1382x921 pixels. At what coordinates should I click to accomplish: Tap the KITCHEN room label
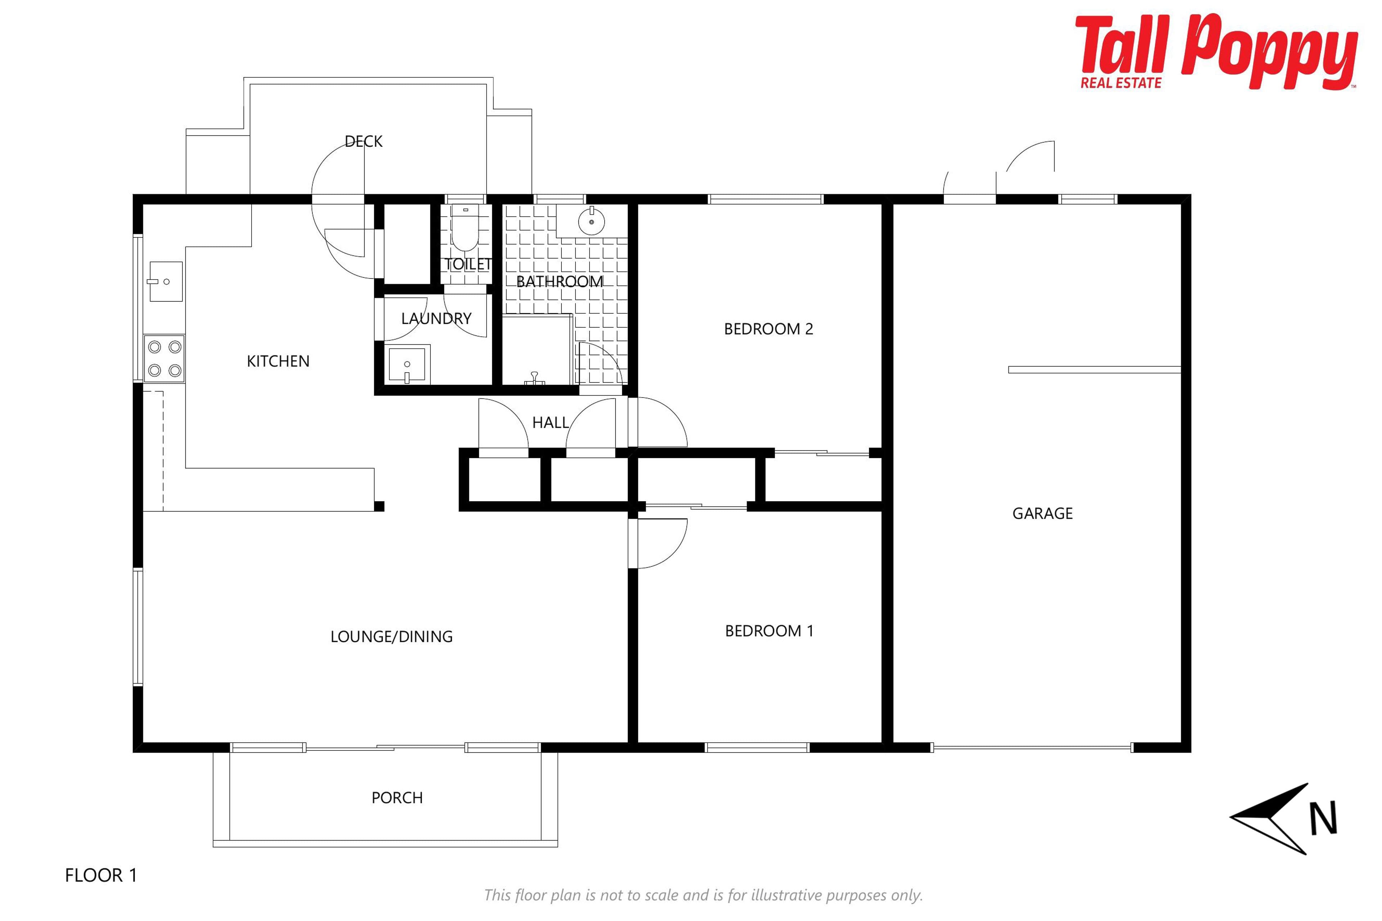[278, 361]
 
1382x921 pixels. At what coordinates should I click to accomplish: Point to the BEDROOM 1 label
[769, 631]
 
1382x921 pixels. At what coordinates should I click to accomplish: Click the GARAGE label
[1042, 513]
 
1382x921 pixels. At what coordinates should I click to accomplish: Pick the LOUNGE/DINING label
[391, 637]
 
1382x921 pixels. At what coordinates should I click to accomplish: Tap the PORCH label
[397, 798]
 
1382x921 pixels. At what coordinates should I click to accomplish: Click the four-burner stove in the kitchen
[164, 358]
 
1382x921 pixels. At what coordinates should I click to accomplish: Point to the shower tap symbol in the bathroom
[534, 378]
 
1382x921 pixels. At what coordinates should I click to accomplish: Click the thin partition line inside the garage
[1094, 369]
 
